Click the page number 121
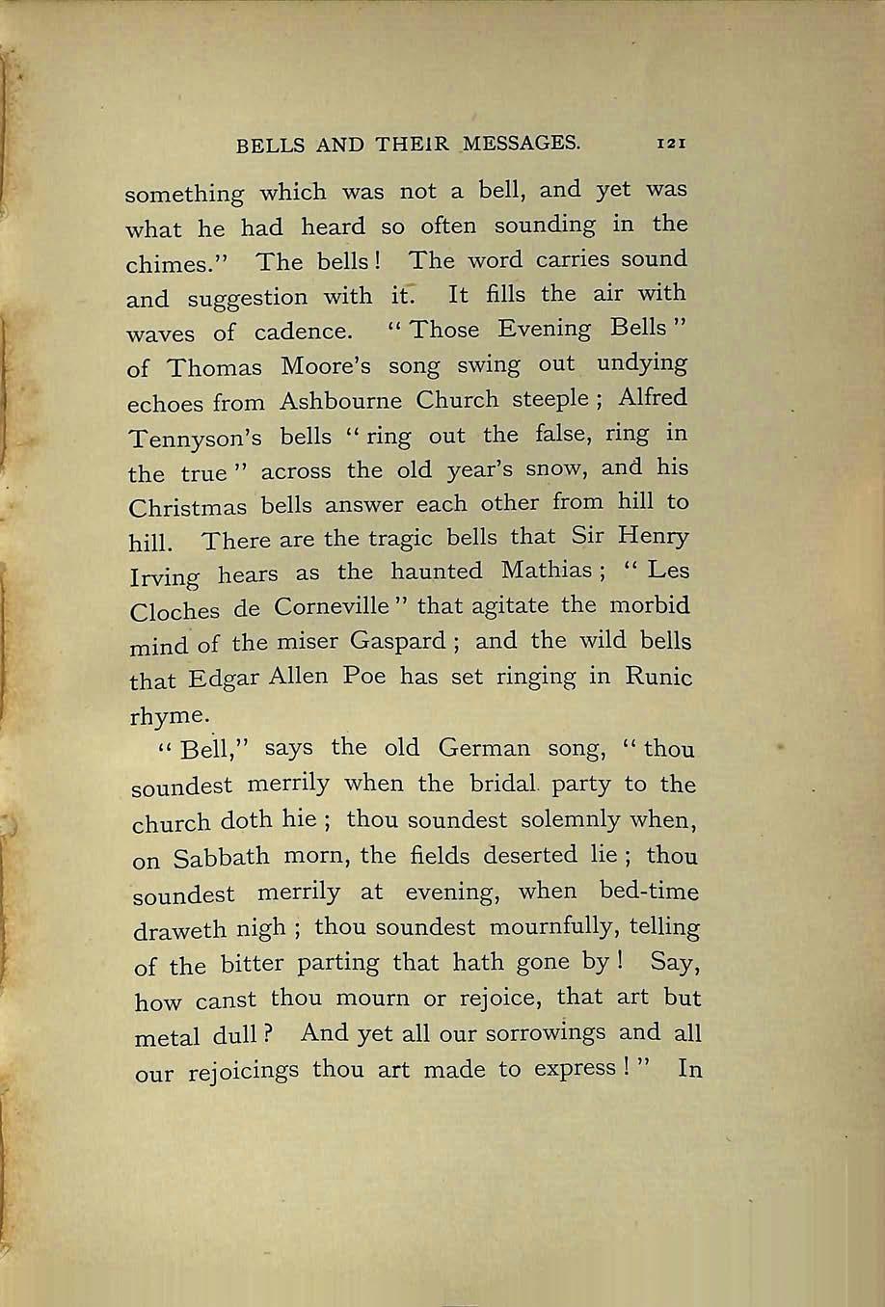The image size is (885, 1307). tap(670, 143)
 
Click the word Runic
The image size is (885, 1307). tap(658, 676)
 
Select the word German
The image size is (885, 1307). tap(484, 748)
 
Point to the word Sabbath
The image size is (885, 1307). tap(221, 857)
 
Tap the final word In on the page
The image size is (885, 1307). tap(689, 1068)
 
